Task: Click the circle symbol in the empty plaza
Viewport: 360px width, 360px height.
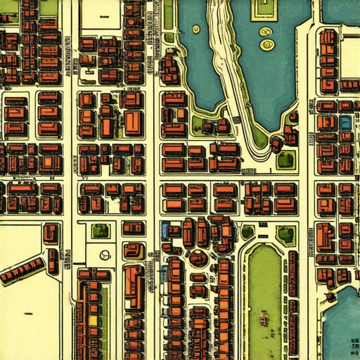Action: point(105,255)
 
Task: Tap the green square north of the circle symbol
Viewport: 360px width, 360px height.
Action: point(101,230)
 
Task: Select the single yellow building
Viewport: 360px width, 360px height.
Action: point(93,320)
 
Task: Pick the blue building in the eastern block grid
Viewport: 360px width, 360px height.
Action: point(345,122)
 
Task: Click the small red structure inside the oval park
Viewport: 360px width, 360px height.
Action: point(265,320)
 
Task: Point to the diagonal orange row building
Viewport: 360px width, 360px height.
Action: point(21,270)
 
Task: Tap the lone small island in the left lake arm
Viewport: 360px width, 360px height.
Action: point(195,30)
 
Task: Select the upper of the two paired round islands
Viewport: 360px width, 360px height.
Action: point(266,32)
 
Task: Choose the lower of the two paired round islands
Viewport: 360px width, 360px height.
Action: point(267,45)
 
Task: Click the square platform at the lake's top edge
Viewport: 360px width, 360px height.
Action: point(262,8)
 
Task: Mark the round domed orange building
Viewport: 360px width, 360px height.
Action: point(198,258)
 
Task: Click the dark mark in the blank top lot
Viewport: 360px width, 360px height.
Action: point(104,14)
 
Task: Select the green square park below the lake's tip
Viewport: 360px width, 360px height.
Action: point(285,160)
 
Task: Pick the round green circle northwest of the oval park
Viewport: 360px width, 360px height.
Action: point(247,231)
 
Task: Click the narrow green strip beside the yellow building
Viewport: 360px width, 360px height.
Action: point(105,316)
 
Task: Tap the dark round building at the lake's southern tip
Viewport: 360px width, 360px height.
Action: point(276,143)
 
